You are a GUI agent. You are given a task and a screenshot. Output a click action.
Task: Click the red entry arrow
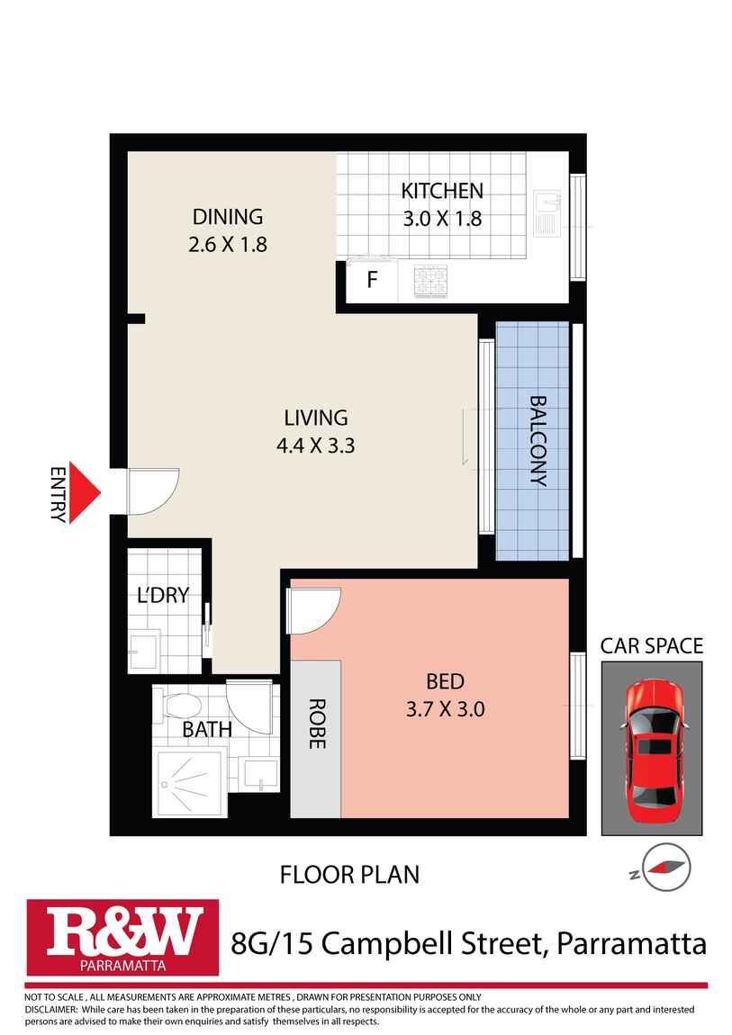click(x=86, y=493)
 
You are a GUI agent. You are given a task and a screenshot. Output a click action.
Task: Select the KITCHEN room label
click(x=442, y=191)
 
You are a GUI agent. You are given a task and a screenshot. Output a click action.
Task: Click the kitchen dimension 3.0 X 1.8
click(x=442, y=218)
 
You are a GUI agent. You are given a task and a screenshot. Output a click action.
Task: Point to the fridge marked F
click(x=371, y=280)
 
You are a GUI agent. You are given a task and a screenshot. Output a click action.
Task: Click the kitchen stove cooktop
click(x=429, y=281)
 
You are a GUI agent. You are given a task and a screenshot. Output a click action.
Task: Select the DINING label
click(x=228, y=217)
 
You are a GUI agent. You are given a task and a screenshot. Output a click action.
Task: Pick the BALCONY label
click(x=538, y=440)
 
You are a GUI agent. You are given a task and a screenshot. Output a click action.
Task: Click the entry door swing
click(x=151, y=491)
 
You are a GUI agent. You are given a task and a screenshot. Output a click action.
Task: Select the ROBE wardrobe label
click(x=316, y=724)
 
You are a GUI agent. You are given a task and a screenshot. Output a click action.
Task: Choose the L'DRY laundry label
click(x=162, y=595)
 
